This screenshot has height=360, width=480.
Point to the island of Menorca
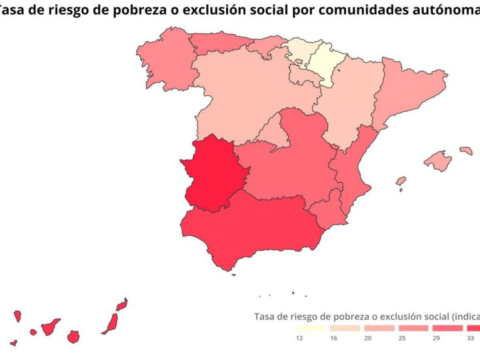466,151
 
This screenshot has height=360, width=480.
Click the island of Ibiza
401,181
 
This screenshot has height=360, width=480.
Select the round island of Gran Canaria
73,336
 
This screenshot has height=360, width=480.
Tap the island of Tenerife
50,326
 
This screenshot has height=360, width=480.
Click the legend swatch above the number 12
310,328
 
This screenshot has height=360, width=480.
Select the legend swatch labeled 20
379,328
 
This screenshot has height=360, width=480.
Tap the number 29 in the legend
436,338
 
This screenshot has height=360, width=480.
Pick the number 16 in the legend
334,338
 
